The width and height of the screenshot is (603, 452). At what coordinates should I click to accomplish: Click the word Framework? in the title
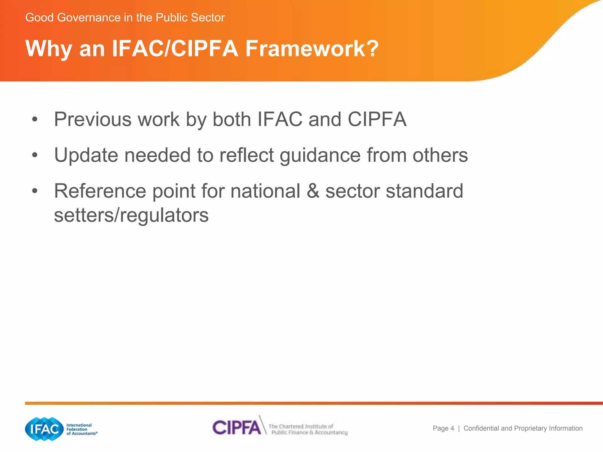tap(312, 49)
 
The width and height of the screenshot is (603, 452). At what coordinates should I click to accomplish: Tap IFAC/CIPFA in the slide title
tap(175, 49)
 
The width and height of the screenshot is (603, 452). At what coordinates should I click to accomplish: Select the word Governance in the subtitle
tap(89, 18)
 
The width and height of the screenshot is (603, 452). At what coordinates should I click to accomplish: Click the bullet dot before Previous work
tap(35, 119)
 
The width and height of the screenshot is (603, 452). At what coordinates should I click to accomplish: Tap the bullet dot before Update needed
tap(35, 155)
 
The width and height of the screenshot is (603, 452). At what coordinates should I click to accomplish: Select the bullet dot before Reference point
tap(35, 191)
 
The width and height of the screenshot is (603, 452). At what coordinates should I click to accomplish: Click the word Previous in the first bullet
tap(92, 119)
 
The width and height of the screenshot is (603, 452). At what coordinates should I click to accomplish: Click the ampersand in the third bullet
tap(313, 191)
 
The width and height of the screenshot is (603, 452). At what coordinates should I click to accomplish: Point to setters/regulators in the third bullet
tap(131, 215)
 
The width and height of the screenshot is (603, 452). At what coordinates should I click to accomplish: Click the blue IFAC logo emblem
tap(44, 429)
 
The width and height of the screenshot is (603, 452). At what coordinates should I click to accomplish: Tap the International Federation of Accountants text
tap(81, 429)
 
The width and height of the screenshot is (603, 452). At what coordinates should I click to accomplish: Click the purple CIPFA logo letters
tap(236, 427)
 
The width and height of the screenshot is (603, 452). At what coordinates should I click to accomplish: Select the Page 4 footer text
tap(443, 428)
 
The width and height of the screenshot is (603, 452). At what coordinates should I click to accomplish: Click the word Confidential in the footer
tap(481, 428)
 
